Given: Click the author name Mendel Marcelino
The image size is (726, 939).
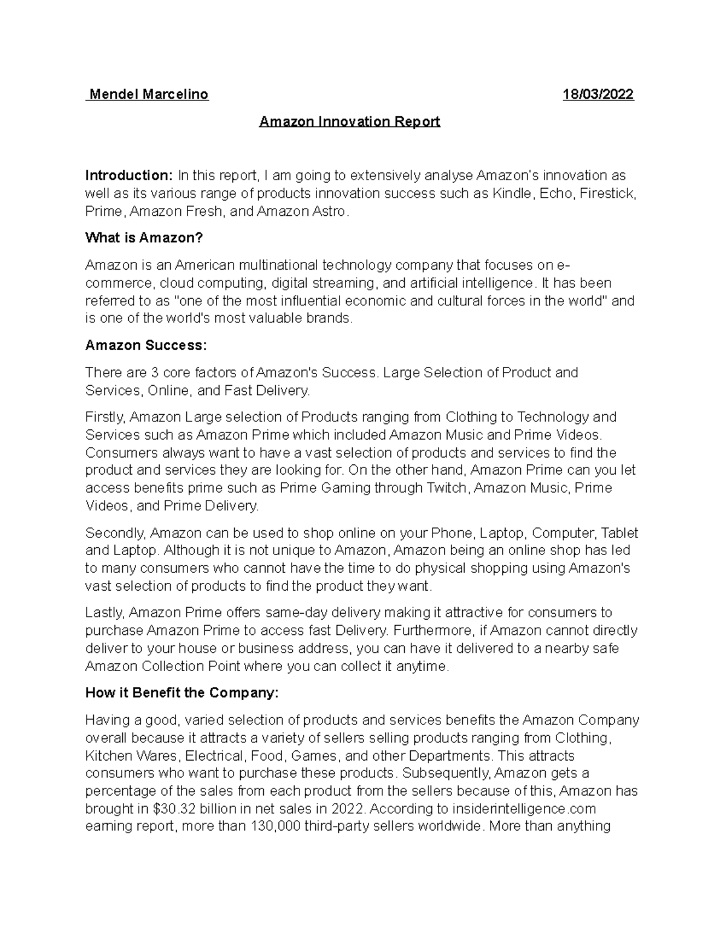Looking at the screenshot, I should point(148,94).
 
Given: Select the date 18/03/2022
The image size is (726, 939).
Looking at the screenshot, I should point(598,94).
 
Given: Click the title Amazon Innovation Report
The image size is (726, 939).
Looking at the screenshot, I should point(349,122).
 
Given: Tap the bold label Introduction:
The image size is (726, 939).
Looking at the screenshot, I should point(129,175).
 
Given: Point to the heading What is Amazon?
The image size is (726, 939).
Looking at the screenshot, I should point(144,238).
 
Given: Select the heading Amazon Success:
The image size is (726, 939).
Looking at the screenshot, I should point(146,346).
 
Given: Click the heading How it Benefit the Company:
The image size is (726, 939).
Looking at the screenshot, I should point(181,693).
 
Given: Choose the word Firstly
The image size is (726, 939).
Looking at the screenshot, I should point(105,417).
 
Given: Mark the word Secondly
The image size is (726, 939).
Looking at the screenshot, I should point(115,533).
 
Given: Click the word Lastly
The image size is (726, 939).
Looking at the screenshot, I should point(104,612).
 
